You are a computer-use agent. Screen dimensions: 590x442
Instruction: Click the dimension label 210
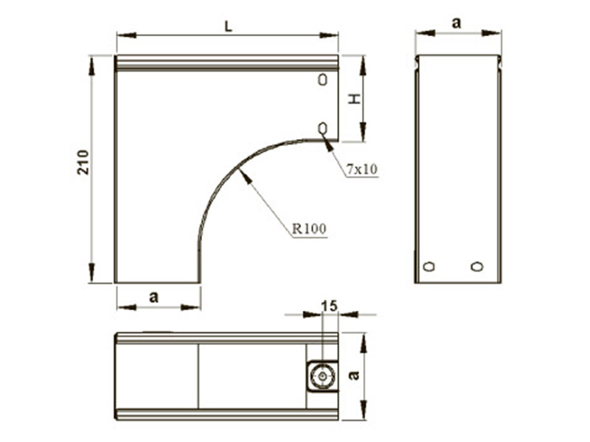[83, 162]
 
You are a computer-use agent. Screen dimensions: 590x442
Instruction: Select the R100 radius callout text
[309, 228]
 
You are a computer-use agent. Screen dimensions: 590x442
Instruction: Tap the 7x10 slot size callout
[361, 169]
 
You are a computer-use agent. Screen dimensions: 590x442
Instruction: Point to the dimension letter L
[229, 27]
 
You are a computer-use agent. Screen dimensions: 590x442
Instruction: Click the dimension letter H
[354, 99]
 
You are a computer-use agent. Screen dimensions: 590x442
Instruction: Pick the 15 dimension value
[330, 306]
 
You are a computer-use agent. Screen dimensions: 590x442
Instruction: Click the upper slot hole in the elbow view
[323, 80]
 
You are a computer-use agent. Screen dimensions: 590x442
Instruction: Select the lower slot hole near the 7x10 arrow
[323, 128]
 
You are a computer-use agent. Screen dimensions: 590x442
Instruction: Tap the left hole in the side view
[429, 267]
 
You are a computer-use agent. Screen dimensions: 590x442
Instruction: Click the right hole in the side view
[477, 267]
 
